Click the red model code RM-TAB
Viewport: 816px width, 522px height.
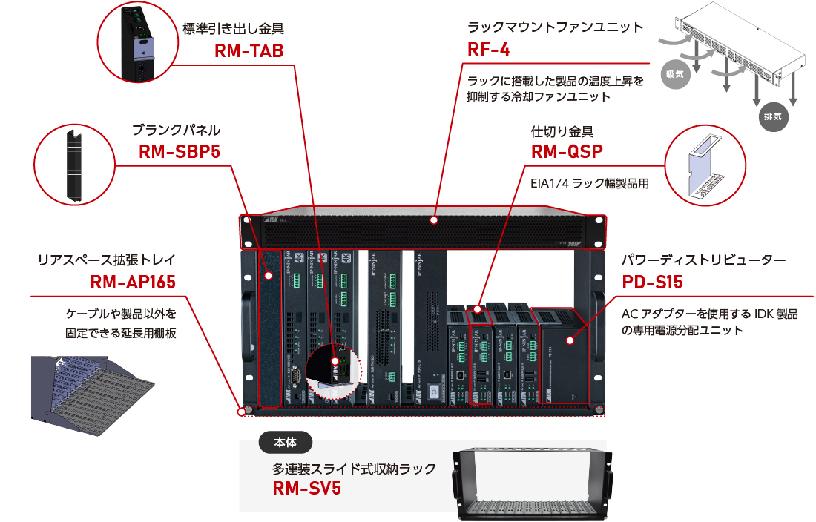[249, 50]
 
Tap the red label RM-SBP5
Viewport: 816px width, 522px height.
[179, 152]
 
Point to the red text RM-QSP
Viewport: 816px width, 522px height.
[567, 152]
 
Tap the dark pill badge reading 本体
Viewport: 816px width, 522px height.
[286, 443]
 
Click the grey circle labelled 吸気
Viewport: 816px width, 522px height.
[674, 74]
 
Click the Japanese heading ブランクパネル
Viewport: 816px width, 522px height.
[177, 130]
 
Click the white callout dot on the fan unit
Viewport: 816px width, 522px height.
[434, 220]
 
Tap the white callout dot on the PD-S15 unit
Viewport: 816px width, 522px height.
[570, 341]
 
